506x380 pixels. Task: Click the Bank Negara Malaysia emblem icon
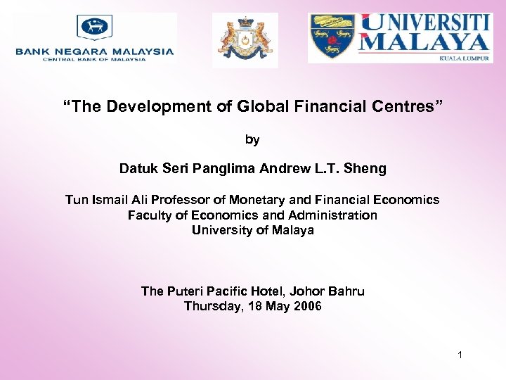pyautogui.click(x=95, y=27)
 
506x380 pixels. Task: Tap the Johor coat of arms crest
pyautogui.click(x=245, y=40)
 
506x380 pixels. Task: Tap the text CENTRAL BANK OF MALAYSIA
pyautogui.click(x=95, y=59)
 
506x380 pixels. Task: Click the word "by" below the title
pyautogui.click(x=252, y=139)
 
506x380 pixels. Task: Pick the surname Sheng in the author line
pyautogui.click(x=368, y=169)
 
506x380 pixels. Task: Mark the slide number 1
pyautogui.click(x=460, y=355)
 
